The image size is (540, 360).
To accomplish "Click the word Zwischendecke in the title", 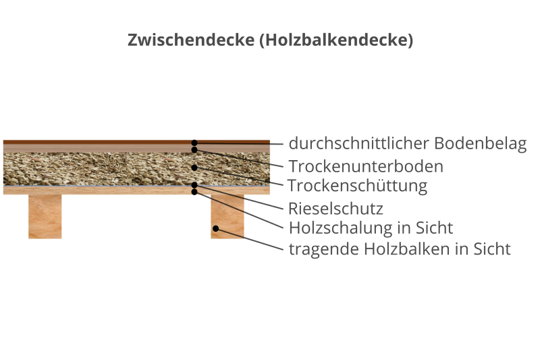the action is (191, 40).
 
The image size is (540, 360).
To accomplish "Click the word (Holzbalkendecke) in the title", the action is (336, 40).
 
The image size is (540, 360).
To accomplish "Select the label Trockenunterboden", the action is (366, 166).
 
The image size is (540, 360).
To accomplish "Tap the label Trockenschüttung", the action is (357, 186).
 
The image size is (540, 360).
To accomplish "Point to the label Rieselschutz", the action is (335, 209).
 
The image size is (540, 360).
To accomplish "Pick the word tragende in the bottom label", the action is (324, 249).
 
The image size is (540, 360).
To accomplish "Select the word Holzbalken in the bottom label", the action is (407, 249).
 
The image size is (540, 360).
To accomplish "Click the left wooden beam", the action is (45, 216).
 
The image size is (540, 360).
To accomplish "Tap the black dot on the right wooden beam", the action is (215, 228).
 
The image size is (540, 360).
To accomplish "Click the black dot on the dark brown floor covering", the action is (194, 143).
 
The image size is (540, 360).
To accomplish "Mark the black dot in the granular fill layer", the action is (194, 168).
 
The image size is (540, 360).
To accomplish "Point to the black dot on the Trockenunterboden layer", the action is (194, 150).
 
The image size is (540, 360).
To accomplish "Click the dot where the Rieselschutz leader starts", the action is (194, 185).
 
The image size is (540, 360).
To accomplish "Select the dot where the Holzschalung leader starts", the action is (194, 192).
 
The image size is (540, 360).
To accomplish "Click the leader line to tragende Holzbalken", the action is (249, 239).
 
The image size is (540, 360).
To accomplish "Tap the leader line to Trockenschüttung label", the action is (239, 176).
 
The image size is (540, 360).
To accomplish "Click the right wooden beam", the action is (227, 216).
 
